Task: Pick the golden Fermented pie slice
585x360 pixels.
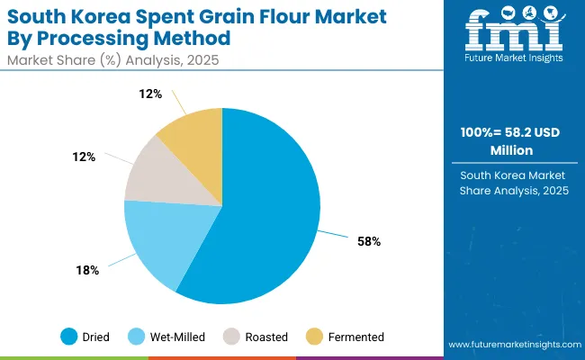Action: [194, 131]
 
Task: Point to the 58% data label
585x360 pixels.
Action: [369, 241]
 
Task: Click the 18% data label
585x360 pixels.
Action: [87, 270]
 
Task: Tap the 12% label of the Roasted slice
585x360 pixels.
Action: [85, 157]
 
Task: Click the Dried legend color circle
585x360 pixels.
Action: [68, 337]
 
